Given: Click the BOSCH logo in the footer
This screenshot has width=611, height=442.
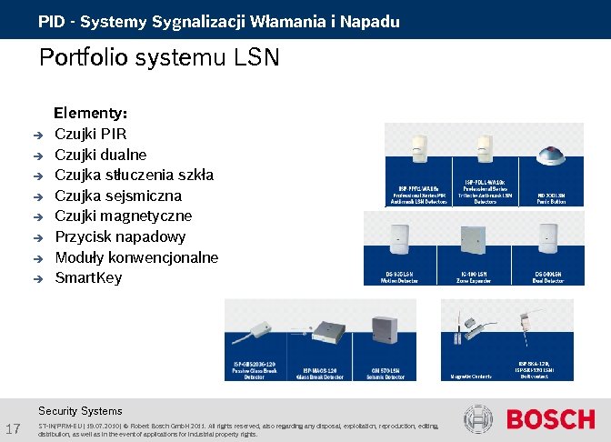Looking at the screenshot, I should (550, 420).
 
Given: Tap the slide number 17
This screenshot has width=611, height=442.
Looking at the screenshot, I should (13, 428).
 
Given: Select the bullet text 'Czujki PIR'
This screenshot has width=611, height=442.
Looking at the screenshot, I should (90, 135).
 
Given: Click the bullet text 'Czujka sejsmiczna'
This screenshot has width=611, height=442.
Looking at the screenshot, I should (118, 196).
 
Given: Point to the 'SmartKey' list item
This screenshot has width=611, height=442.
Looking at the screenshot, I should (88, 277).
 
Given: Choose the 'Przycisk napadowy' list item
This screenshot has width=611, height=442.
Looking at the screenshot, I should (120, 236).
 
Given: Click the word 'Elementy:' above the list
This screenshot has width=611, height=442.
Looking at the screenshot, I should (91, 114).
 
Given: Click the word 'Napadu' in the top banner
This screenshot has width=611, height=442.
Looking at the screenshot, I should (369, 21).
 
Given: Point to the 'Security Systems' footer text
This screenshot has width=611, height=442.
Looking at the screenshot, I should (80, 410).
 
